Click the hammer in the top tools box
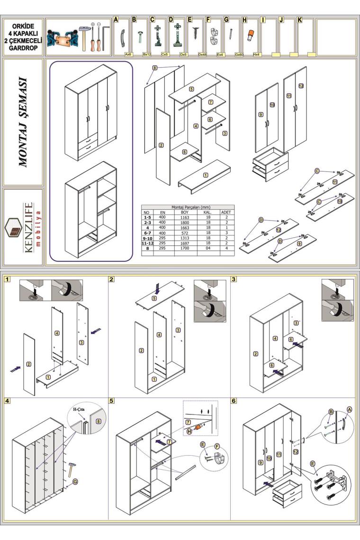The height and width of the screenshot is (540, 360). tap(84, 36)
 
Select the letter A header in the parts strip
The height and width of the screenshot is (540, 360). tap(116, 19)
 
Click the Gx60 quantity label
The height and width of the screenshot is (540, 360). tap(239, 54)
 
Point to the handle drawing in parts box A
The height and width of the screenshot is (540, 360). tap(122, 36)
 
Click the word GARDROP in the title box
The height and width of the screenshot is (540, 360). tap(23, 48)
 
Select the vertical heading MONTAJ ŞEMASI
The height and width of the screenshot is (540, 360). tap(23, 122)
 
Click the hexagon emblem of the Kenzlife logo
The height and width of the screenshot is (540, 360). tap(15, 228)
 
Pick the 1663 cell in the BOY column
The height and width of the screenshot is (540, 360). tap(185, 228)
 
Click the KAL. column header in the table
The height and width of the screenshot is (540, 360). tap(208, 213)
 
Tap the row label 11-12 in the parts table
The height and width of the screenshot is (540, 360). tap(147, 243)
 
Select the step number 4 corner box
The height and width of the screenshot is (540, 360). tap(8, 401)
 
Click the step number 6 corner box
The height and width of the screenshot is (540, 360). tap(234, 401)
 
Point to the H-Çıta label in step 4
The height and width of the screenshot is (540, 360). tap(79, 410)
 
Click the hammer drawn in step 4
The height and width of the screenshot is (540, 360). tap(72, 469)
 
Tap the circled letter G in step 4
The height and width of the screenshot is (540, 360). tap(75, 482)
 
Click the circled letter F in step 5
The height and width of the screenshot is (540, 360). tap(217, 446)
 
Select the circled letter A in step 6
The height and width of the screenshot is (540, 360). tap(349, 409)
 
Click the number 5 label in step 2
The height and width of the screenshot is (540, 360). tap(154, 298)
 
